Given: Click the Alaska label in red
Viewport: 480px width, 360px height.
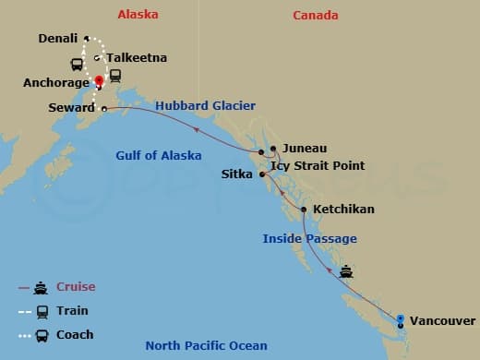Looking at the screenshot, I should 138,15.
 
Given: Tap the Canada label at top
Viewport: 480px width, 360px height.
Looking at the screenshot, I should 316,15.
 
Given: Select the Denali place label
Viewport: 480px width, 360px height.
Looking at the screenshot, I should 59,39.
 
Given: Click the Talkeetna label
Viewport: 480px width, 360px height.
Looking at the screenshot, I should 137,57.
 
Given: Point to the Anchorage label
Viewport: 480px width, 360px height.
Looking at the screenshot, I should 56,82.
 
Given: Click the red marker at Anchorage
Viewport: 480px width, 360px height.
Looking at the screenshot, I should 98,80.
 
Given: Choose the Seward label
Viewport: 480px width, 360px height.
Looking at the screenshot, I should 71,108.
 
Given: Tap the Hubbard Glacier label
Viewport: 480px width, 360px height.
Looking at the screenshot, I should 205,106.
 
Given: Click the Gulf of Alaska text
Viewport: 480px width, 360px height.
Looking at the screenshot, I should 159,155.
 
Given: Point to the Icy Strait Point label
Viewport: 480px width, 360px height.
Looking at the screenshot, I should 317,165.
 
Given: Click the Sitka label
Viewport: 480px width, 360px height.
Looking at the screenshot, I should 237,174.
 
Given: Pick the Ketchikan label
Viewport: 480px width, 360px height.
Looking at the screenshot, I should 343,210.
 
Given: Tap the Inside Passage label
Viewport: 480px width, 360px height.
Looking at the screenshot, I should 309,238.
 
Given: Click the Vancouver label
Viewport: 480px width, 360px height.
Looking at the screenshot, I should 442,320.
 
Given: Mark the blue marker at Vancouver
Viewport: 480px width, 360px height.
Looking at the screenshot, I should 400,319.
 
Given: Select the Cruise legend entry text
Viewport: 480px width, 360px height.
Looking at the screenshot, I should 76,286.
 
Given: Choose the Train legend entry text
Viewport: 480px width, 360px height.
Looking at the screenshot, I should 72,310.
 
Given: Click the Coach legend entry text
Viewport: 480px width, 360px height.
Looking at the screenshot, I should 75,334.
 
